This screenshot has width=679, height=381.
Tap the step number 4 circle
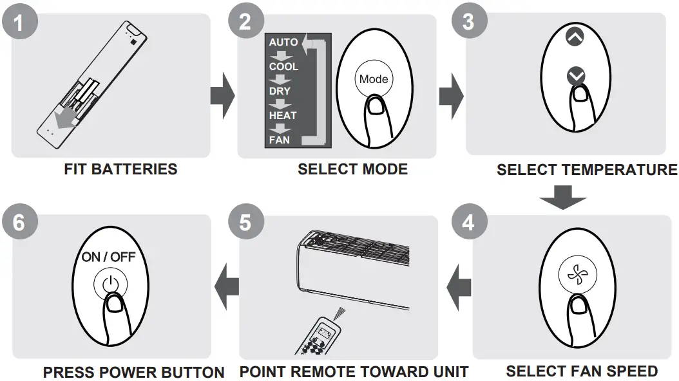(x=468, y=222)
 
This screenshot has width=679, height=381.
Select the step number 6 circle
(x=19, y=223)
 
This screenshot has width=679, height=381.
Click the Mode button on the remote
(x=374, y=79)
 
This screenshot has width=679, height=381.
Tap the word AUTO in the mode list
(x=283, y=42)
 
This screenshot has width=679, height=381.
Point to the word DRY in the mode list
(x=280, y=91)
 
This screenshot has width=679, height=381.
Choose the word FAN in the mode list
(x=280, y=139)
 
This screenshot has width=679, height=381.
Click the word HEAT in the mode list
(x=283, y=115)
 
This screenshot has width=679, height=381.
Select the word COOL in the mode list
(x=283, y=67)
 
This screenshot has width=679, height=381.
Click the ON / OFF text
(x=108, y=257)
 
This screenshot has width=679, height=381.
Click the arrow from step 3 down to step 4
(x=563, y=196)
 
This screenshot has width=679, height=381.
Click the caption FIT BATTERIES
(x=120, y=170)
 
